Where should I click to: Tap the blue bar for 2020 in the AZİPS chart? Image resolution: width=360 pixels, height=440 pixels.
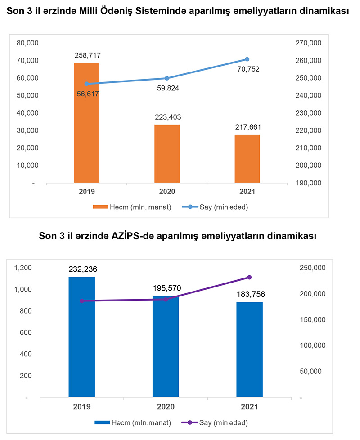pyautogui.click(x=166, y=346)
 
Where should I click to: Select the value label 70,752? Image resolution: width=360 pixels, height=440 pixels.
pyautogui.click(x=247, y=69)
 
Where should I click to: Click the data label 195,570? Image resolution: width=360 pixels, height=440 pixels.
pyautogui.click(x=166, y=287)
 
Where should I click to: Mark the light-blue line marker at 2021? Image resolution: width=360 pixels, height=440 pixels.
pyautogui.click(x=247, y=59)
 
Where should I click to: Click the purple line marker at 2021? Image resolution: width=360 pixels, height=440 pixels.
pyautogui.click(x=249, y=278)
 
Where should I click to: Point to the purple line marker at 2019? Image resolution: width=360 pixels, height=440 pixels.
pyautogui.click(x=81, y=301)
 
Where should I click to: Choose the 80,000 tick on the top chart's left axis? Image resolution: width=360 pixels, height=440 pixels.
pyautogui.click(x=28, y=43)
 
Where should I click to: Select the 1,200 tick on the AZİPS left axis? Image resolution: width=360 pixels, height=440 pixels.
pyautogui.click(x=23, y=268)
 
